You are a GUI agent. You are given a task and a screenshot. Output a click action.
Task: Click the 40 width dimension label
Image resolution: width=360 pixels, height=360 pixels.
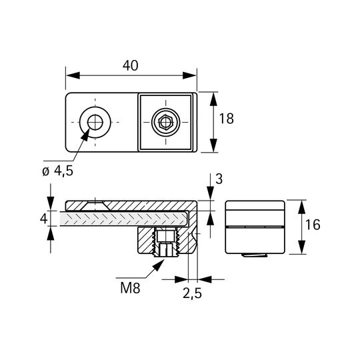click(131, 65)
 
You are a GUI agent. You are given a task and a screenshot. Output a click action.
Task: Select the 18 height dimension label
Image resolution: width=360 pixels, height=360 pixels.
click(227, 119)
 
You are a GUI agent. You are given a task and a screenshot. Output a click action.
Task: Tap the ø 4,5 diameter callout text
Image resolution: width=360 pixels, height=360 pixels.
click(58, 171)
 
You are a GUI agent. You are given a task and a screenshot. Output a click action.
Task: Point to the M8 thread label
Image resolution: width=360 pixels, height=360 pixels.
click(130, 288)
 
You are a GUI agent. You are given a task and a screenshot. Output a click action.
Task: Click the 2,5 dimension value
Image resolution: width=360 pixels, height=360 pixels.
click(192, 293)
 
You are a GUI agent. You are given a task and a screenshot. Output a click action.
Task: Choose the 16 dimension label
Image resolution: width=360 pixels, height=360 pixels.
click(313, 225)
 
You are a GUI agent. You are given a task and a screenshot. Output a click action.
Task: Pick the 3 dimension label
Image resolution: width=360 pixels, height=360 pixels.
click(219, 179)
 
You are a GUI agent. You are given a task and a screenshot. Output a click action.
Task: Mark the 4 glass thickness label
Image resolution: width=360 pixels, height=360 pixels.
click(43, 219)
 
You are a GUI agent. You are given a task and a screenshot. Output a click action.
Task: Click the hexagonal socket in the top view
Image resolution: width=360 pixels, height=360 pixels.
click(165, 123)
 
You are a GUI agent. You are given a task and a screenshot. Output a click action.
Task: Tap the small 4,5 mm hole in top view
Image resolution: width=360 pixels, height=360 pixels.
click(95, 122)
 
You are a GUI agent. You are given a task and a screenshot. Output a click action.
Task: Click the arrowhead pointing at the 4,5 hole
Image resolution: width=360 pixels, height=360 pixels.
click(85, 134)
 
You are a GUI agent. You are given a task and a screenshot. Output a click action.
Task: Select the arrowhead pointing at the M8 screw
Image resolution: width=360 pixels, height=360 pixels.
click(158, 265)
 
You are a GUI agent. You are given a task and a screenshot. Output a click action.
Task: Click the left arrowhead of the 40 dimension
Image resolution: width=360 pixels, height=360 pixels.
click(73, 75)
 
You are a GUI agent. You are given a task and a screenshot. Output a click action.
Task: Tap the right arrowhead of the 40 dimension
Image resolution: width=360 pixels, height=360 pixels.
click(189, 75)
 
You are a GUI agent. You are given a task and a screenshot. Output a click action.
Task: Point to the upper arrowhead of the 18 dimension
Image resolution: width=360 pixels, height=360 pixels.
click(213, 99)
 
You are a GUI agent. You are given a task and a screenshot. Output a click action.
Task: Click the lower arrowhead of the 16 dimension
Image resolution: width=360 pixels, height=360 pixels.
click(302, 247)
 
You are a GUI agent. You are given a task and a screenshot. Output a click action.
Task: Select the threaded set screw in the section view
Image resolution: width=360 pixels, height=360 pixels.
click(165, 243)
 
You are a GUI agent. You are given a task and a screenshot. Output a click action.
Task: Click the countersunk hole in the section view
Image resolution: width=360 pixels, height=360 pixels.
click(95, 206)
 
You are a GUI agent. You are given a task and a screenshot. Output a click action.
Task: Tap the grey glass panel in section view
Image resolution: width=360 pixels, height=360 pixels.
click(124, 219)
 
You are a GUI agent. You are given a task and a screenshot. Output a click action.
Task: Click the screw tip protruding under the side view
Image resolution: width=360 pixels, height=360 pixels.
click(255, 255)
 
